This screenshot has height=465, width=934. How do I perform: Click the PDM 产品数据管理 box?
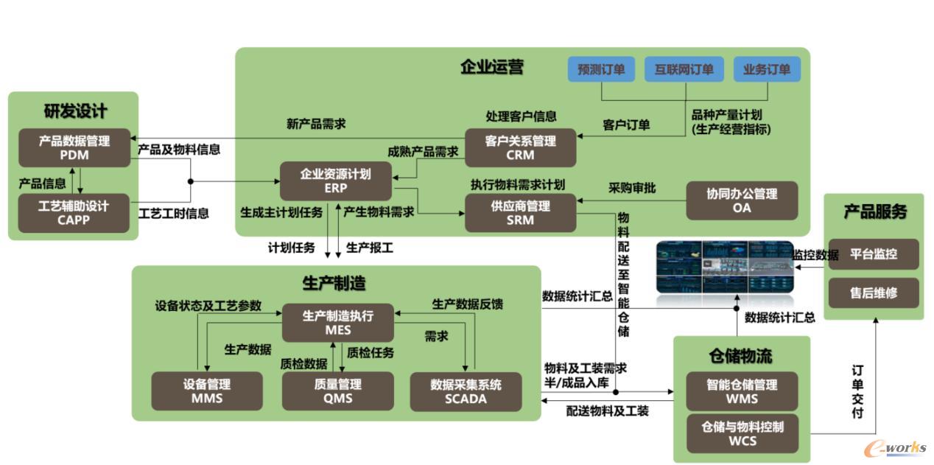point(74,147)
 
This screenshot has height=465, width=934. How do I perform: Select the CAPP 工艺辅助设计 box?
point(74,212)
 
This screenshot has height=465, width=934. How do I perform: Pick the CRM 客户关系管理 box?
point(520,147)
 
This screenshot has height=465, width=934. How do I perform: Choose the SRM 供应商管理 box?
point(520,212)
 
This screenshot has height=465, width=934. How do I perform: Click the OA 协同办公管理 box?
point(741,200)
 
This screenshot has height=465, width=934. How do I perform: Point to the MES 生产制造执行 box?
point(338,323)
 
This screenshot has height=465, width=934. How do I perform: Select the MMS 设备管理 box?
point(207,391)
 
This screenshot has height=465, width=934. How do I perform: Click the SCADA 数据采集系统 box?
point(466,391)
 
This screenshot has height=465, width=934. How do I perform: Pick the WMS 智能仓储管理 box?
point(741,391)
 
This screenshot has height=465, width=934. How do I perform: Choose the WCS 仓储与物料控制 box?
point(741,433)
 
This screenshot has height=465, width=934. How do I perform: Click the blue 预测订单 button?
point(601,69)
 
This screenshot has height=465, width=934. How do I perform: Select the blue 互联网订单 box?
point(684,69)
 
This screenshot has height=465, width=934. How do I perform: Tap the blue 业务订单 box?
point(766,69)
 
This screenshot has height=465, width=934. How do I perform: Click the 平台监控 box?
point(874,254)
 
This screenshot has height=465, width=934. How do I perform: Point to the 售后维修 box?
point(874,293)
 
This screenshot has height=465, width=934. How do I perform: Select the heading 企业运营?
point(491,67)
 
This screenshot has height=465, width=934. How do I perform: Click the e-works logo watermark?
point(894,449)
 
